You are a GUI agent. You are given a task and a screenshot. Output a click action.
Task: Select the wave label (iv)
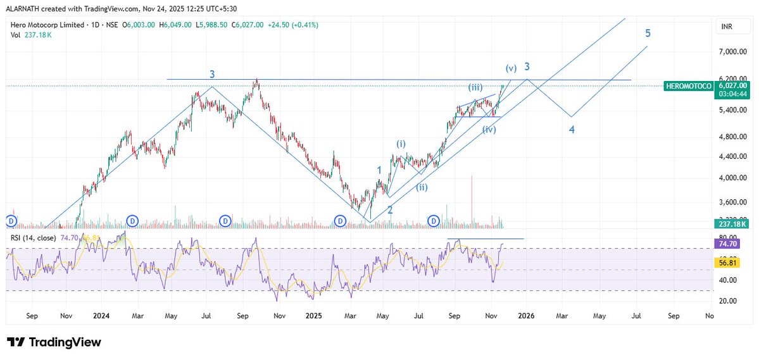(489, 130)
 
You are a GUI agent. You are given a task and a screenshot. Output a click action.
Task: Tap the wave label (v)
(511, 68)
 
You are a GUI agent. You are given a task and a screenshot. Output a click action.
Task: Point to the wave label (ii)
(422, 187)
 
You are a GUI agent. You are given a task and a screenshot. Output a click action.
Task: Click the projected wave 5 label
(648, 33)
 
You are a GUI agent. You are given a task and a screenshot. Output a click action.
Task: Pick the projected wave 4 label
(572, 130)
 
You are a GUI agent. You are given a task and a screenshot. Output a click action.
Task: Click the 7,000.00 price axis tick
(734, 51)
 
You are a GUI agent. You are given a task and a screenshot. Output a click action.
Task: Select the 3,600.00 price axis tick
(734, 202)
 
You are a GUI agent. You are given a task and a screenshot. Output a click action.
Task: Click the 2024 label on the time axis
(101, 314)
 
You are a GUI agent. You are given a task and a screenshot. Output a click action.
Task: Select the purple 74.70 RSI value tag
(735, 244)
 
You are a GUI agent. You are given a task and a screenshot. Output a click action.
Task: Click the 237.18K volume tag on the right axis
(735, 224)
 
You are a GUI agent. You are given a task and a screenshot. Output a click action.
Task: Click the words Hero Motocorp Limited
(44, 25)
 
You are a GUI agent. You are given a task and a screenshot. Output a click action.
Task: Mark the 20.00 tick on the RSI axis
(734, 301)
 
